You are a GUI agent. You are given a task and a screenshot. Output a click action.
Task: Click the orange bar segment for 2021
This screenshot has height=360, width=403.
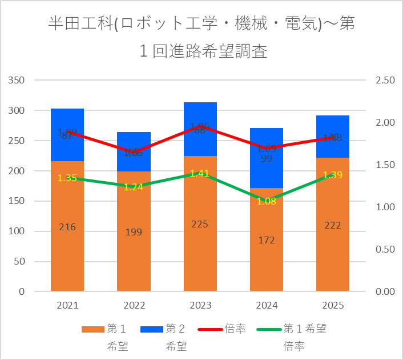pyautogui.click(x=67, y=251)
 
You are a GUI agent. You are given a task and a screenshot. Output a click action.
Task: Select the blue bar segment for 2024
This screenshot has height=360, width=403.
pyautogui.click(x=267, y=171)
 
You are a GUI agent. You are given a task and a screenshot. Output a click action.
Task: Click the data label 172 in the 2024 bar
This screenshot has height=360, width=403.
pyautogui.click(x=267, y=240)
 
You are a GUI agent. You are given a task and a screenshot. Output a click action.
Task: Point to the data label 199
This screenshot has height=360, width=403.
pyautogui.click(x=134, y=232)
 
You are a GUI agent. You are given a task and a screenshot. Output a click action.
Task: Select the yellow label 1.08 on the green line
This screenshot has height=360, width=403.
pyautogui.click(x=267, y=201)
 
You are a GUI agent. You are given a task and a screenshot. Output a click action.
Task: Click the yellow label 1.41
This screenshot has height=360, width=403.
pyautogui.click(x=200, y=173)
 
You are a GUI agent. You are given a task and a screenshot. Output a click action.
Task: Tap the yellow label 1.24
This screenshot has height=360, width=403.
pyautogui.click(x=134, y=187)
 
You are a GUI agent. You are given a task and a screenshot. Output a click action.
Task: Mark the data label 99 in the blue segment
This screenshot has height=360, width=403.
pyautogui.click(x=267, y=158)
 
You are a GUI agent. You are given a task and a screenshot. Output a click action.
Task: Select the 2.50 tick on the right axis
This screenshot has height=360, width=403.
pyautogui.click(x=386, y=80)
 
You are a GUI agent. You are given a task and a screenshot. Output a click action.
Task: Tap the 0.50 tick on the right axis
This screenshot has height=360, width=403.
pyautogui.click(x=386, y=249)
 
